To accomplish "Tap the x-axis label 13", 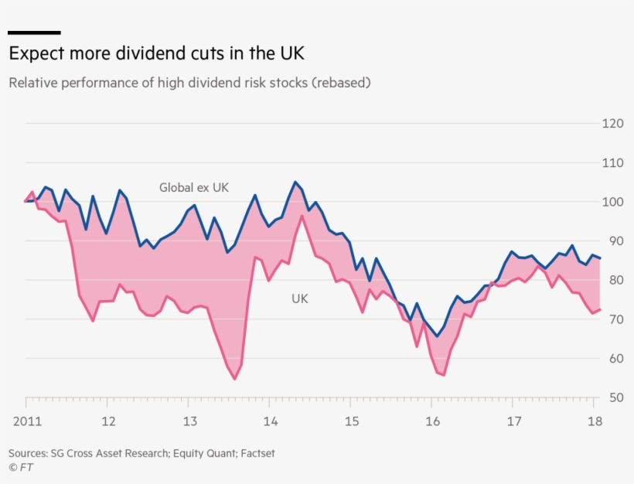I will click(x=189, y=421).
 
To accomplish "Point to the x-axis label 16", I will click(x=432, y=421).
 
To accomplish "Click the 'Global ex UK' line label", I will click(x=194, y=187).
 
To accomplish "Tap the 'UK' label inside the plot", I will click(x=299, y=298).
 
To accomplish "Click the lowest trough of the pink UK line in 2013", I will click(x=234, y=379).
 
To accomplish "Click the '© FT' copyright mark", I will click(x=21, y=467).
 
